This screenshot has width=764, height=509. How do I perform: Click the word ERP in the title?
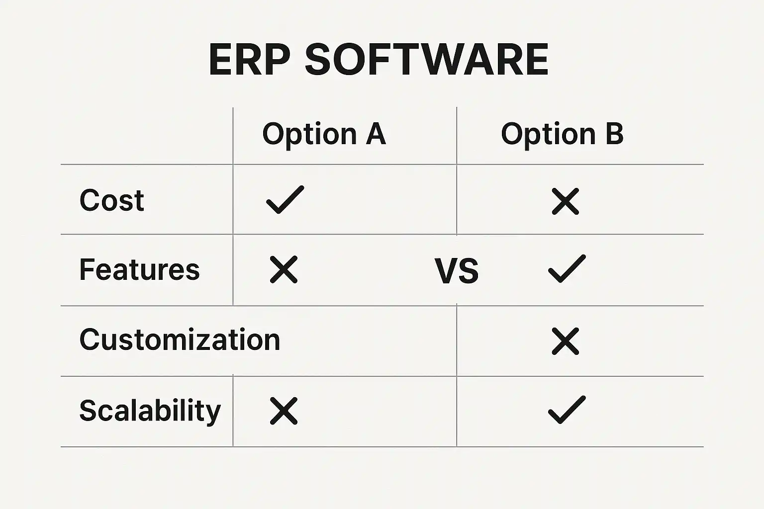point(249,60)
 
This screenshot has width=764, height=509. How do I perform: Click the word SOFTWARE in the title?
point(427,60)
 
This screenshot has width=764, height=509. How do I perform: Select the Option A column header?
point(324,134)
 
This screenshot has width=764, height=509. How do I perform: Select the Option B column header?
point(562,134)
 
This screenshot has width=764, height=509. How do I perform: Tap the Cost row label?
point(111,200)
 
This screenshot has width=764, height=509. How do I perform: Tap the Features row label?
point(139,269)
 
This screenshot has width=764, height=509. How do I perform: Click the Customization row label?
point(180,339)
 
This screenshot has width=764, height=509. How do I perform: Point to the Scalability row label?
point(150,411)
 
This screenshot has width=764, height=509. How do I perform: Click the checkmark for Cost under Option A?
point(285,200)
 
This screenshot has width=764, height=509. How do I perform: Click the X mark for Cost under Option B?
point(565,201)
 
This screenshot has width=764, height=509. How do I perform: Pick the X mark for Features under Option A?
point(284,269)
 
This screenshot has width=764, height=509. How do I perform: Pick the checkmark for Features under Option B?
point(567,268)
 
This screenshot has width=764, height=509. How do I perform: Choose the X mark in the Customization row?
point(565,341)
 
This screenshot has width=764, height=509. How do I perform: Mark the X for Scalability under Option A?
point(284,411)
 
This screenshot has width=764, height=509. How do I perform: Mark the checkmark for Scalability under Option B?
point(567,410)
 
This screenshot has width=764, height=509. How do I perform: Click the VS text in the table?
point(457,271)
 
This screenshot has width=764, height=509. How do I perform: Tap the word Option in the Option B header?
point(548,135)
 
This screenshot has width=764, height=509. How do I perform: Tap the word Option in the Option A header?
point(309,135)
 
